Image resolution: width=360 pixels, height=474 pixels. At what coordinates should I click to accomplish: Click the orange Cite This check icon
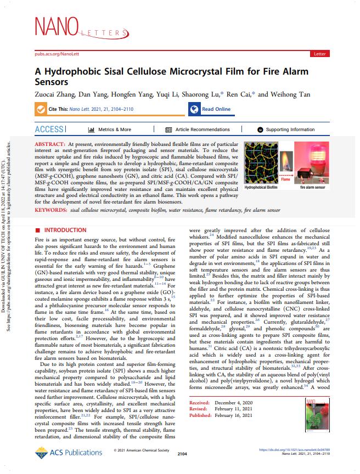coord(40,109)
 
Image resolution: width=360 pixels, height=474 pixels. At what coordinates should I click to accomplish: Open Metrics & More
coord(110,129)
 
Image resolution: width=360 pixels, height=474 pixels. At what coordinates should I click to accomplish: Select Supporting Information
coord(290,129)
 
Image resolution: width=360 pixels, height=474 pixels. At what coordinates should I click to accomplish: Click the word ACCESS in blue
coord(49,129)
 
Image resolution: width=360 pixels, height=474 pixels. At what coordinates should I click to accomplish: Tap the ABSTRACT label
coord(51,143)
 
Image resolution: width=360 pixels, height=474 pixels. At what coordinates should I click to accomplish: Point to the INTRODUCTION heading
coord(61,230)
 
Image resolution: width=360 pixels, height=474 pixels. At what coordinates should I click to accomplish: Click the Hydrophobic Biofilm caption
coord(262,187)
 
